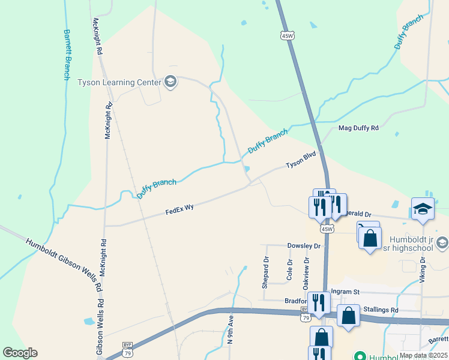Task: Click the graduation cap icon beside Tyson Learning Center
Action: click(170, 82)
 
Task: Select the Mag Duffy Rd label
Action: click(358, 128)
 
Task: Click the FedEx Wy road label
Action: click(179, 209)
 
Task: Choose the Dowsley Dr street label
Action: click(304, 246)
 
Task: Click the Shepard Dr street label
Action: click(266, 272)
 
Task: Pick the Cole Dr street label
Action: click(289, 270)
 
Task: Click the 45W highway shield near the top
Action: click(288, 36)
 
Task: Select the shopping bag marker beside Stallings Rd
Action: click(348, 316)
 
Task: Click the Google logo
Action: click(20, 353)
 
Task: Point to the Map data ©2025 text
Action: click(422, 355)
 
